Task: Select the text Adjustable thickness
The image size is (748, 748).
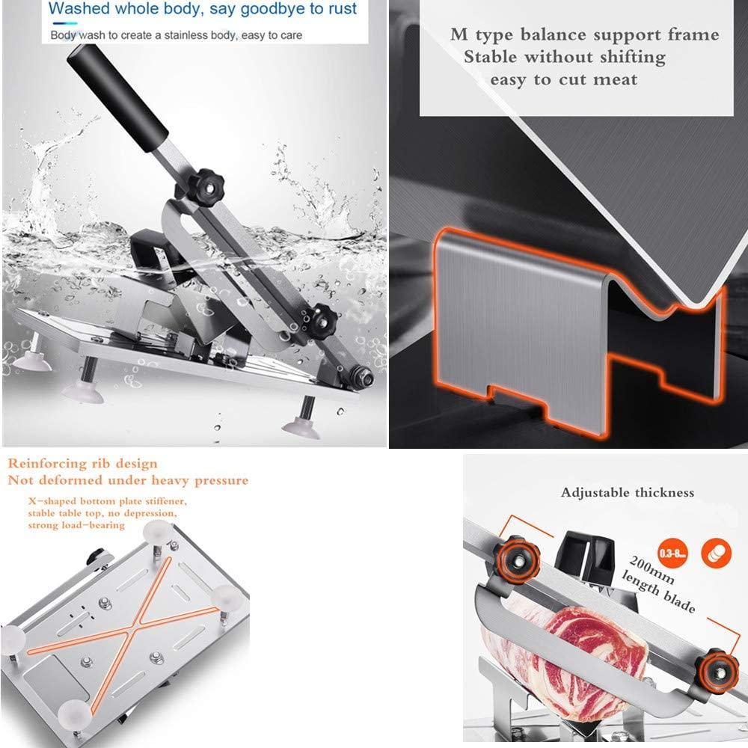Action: [x=628, y=492]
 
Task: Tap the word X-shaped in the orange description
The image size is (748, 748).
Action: [x=55, y=499]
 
